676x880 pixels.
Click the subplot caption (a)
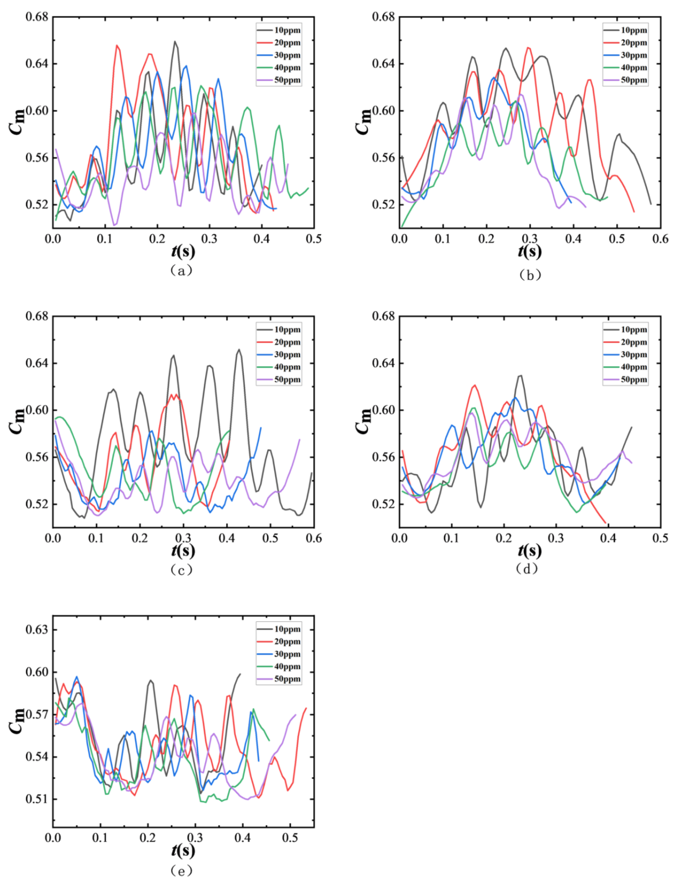pyautogui.click(x=181, y=270)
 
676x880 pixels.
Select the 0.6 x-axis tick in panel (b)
pyautogui.click(x=660, y=239)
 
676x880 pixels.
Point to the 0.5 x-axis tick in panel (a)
pyautogui.click(x=313, y=239)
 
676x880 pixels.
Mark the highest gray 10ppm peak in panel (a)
pyautogui.click(x=175, y=42)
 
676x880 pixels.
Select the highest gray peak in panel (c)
pyautogui.click(x=239, y=350)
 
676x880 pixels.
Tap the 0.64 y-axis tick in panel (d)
pyautogui.click(x=383, y=363)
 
